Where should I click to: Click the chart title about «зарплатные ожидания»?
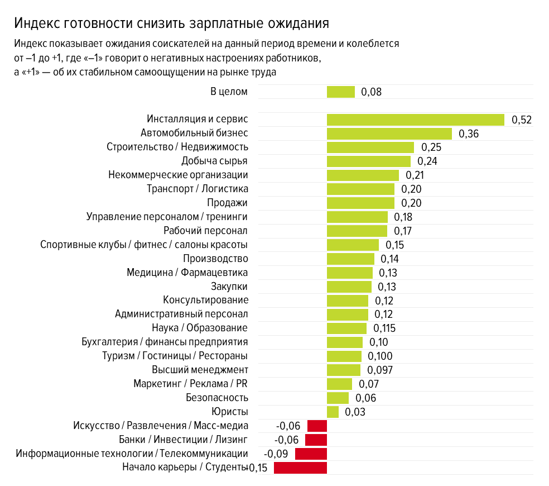point(171,23)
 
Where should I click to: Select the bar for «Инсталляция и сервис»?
point(415,120)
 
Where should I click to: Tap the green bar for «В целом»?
point(340,92)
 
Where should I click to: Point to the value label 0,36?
point(469,134)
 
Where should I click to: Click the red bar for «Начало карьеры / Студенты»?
point(300,468)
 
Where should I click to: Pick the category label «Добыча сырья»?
point(214,161)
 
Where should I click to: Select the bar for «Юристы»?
point(333,412)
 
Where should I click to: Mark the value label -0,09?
point(276,454)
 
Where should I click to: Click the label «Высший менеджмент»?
point(200,370)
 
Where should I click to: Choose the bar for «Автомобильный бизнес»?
point(389,134)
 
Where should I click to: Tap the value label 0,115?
point(384,328)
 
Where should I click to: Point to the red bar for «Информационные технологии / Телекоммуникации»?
point(311,454)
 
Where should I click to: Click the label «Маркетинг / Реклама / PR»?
point(190,384)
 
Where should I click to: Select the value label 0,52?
point(521,120)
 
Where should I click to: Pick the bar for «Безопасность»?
point(338,398)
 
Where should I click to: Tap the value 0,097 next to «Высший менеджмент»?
point(381,370)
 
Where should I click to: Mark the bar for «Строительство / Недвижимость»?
point(370,147)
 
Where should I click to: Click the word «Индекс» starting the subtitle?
point(29,44)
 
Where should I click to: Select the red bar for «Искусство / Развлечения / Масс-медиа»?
point(317,426)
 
